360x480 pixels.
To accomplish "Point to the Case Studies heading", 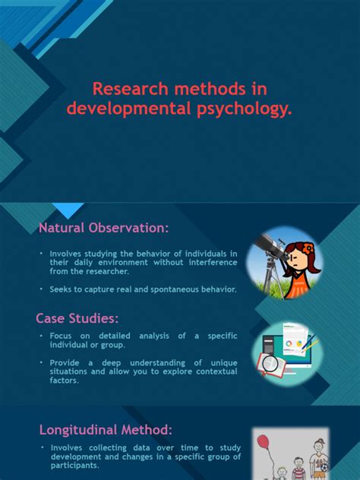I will point(77,317).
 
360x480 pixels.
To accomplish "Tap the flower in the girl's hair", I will point(307,248).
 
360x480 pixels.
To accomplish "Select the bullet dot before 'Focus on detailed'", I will point(41,336).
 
